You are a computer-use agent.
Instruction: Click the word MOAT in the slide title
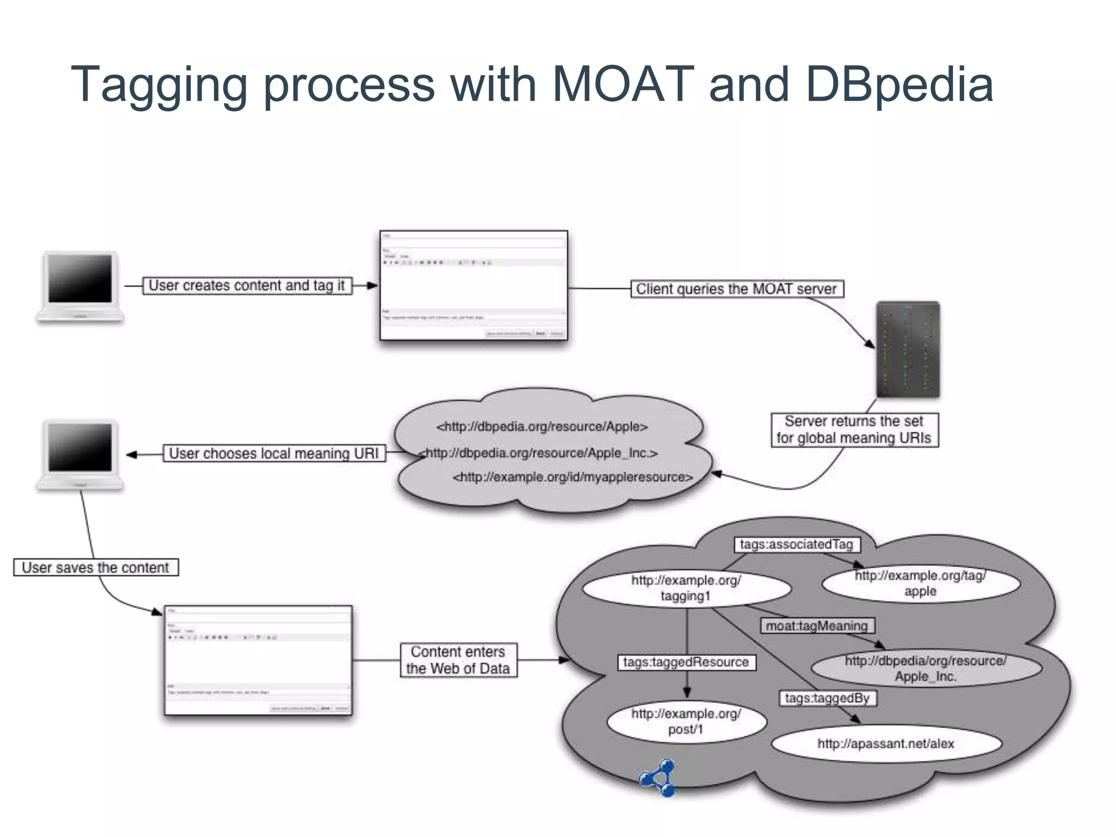point(623,84)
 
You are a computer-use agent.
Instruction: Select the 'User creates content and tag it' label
point(247,286)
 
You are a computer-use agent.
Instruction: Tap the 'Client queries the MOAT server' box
point(737,289)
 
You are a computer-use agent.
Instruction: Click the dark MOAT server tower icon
point(908,349)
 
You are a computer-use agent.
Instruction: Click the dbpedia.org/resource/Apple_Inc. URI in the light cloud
point(541,453)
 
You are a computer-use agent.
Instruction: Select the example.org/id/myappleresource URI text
point(573,477)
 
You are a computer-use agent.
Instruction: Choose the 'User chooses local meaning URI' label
point(274,453)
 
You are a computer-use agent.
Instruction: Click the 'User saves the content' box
point(96,568)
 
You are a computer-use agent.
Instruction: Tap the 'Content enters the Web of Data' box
point(458,660)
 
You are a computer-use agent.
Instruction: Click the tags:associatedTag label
point(797,544)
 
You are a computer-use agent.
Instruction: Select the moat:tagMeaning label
point(817,626)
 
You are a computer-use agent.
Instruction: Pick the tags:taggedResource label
point(686,662)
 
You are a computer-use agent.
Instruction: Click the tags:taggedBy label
point(827,698)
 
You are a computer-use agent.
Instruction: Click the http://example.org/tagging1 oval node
point(686,588)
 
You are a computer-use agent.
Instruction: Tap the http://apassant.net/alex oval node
point(886,743)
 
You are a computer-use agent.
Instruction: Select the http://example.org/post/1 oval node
point(686,721)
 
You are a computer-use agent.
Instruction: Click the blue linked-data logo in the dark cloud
point(658,778)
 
